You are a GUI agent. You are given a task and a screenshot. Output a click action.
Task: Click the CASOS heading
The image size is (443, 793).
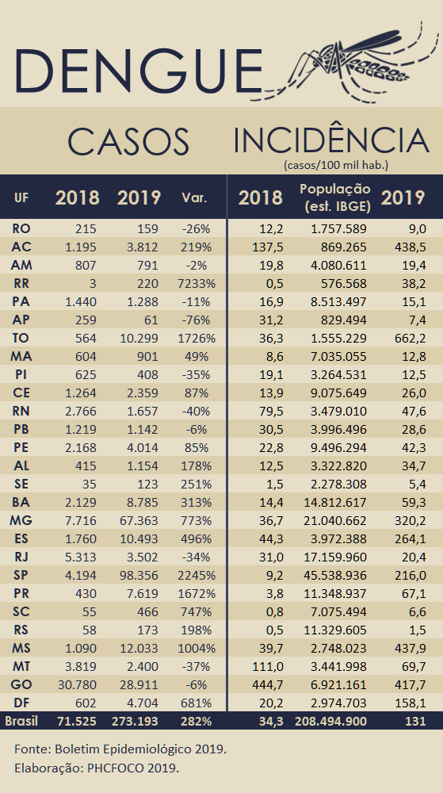pyautogui.click(x=128, y=141)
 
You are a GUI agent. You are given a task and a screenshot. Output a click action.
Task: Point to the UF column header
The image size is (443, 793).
pyautogui.click(x=21, y=197)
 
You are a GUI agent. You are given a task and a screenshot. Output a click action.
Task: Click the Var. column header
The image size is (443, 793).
pyautogui.click(x=194, y=197)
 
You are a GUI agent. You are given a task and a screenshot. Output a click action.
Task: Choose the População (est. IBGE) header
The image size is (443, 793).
pyautogui.click(x=335, y=197)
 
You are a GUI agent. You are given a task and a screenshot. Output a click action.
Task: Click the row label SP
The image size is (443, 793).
pyautogui.click(x=21, y=576)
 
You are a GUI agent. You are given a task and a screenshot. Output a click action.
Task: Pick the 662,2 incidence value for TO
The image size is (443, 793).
pyautogui.click(x=411, y=339)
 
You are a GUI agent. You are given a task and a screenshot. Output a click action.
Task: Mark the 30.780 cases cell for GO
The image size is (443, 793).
pyautogui.click(x=77, y=685)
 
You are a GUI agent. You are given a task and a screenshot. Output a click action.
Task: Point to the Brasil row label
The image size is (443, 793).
pyautogui.click(x=21, y=721)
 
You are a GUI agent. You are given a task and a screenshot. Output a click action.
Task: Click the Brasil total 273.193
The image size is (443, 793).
pyautogui.click(x=136, y=721)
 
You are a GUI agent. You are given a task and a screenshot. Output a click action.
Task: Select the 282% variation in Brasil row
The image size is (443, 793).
pyautogui.click(x=196, y=721)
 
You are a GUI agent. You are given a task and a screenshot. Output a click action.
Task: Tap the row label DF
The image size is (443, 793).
pyautogui.click(x=21, y=703)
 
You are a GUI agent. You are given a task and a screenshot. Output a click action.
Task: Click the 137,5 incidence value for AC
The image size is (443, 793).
pyautogui.click(x=268, y=247)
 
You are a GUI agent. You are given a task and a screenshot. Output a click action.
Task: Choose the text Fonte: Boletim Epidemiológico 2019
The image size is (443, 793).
pyautogui.click(x=120, y=749)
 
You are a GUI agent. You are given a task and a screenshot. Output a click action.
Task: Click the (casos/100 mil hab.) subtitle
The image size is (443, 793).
pyautogui.click(x=336, y=166)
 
